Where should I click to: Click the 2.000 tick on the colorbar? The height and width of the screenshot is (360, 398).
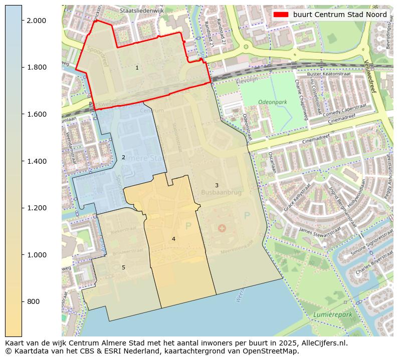36,21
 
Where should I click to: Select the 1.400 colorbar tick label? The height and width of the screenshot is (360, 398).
36,161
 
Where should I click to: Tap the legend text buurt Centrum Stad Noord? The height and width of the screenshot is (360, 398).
340,15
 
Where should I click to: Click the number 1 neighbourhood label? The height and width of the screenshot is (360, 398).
137,68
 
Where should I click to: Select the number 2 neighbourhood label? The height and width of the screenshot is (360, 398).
123,157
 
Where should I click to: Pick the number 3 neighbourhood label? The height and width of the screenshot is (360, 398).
217,185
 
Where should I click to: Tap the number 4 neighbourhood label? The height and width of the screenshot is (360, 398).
173,239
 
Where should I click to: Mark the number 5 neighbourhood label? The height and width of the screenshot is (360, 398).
123,267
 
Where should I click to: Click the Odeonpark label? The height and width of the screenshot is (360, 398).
272,102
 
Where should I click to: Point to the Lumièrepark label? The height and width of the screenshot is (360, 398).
332,314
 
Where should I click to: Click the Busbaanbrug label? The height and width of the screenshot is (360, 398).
221,192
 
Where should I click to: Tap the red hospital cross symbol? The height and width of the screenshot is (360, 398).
222,228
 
